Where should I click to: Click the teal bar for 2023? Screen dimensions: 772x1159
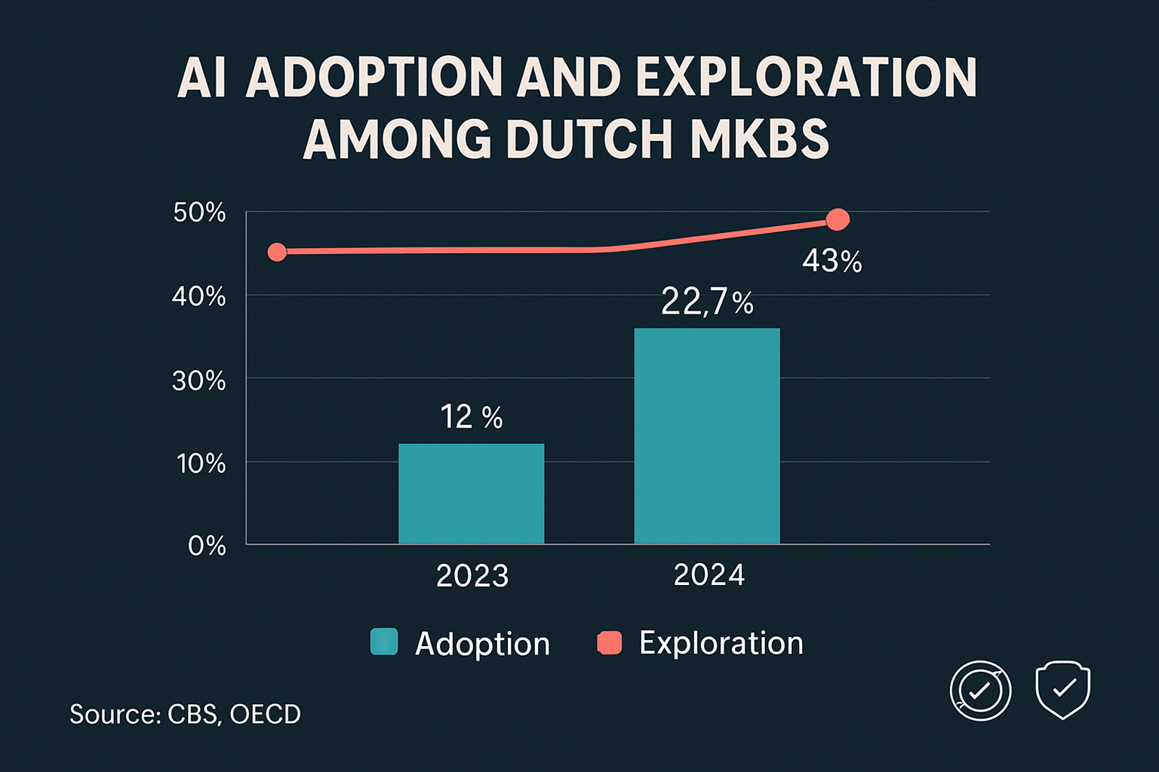pyautogui.click(x=471, y=494)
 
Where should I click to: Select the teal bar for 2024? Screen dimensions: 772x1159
pyautogui.click(x=707, y=436)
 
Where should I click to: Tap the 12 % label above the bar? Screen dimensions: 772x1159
pyautogui.click(x=471, y=417)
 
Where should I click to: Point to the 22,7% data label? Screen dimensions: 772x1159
pyautogui.click(x=707, y=302)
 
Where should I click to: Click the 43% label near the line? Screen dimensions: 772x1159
pyautogui.click(x=832, y=261)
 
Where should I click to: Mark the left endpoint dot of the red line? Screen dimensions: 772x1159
pyautogui.click(x=278, y=252)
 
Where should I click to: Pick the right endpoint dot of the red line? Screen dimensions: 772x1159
pyautogui.click(x=838, y=219)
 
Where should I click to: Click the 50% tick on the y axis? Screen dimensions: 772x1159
pyautogui.click(x=199, y=213)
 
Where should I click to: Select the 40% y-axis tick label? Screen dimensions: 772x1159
pyautogui.click(x=198, y=296)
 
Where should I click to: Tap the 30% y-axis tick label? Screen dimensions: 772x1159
pyautogui.click(x=198, y=381)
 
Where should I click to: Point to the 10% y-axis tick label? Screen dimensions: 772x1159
pyautogui.click(x=201, y=464)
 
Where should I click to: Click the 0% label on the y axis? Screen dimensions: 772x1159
pyautogui.click(x=207, y=545)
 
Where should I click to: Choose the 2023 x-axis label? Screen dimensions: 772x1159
pyautogui.click(x=472, y=576)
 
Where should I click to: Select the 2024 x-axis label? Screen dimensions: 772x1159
pyautogui.click(x=709, y=575)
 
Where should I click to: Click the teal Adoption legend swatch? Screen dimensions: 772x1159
pyautogui.click(x=384, y=642)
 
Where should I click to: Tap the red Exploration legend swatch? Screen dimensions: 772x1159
pyautogui.click(x=609, y=642)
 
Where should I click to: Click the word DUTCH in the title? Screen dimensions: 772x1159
pyautogui.click(x=589, y=139)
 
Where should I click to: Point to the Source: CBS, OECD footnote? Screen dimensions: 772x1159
pyautogui.click(x=185, y=714)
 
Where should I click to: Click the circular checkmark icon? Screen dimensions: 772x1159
pyautogui.click(x=980, y=691)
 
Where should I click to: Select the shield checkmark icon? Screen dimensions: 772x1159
pyautogui.click(x=1062, y=690)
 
